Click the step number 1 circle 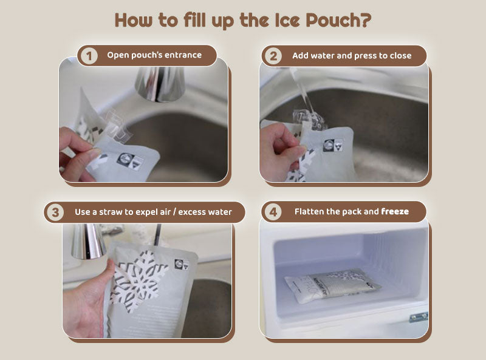click(x=89, y=56)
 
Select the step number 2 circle click(x=273, y=56)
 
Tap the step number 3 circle click(x=56, y=212)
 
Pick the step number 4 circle click(x=273, y=212)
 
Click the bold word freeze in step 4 click(x=395, y=212)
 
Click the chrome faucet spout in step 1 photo click(x=159, y=83)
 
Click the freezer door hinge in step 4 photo click(x=419, y=317)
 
